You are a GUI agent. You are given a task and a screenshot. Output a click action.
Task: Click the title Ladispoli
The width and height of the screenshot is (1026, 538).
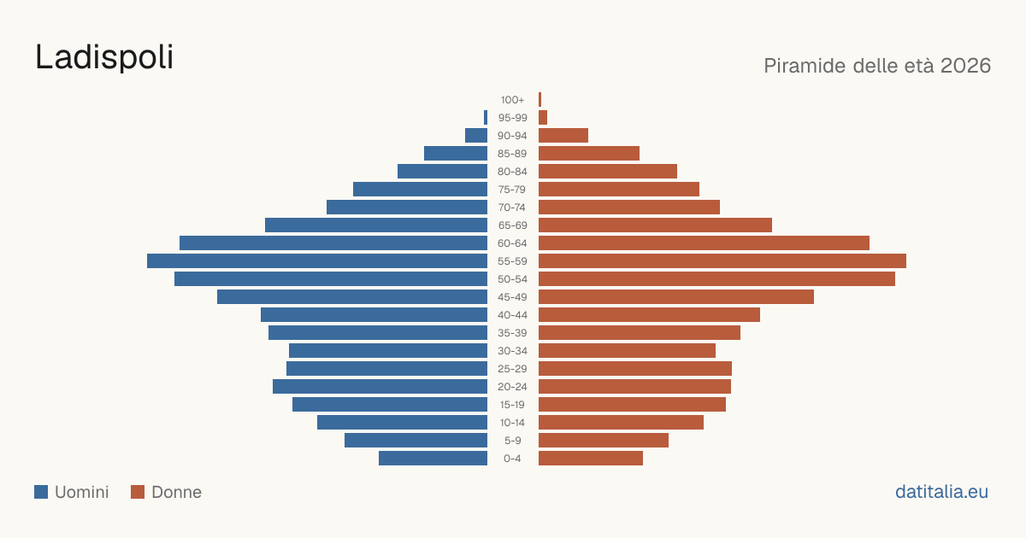(x=104, y=57)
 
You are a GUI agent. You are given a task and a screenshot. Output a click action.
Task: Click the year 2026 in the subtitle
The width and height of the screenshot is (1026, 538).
(x=965, y=66)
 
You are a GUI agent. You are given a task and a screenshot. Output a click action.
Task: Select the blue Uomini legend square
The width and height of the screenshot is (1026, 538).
(x=41, y=492)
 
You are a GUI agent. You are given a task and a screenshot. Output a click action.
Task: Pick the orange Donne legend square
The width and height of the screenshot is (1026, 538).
(x=138, y=492)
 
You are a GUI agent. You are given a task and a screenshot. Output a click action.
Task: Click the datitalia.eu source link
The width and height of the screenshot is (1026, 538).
(x=941, y=492)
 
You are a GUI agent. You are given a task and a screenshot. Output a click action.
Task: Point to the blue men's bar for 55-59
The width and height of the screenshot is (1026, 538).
(x=317, y=260)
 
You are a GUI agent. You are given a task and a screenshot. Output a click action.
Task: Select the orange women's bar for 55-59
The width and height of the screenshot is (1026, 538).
(x=722, y=260)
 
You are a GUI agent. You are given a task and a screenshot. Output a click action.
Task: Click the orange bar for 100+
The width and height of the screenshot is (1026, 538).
(x=540, y=99)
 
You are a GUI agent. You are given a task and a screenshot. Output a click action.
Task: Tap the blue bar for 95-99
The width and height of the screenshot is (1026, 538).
(x=486, y=117)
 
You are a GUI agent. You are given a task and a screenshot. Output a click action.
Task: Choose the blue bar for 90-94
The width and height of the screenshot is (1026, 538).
(x=476, y=136)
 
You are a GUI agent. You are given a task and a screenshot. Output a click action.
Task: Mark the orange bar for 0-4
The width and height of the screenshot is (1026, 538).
(x=591, y=458)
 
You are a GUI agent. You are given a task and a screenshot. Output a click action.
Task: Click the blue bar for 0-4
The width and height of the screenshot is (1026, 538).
(x=433, y=458)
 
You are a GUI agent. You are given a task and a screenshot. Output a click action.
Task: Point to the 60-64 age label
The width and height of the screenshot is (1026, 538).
(x=512, y=243)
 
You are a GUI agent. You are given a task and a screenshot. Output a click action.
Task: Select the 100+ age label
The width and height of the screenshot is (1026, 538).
(x=512, y=99)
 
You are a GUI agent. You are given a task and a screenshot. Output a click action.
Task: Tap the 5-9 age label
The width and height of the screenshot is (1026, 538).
(x=512, y=440)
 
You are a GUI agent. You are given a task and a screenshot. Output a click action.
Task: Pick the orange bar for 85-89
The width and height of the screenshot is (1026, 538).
(x=589, y=153)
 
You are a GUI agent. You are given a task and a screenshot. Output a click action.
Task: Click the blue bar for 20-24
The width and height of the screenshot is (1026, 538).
(x=380, y=386)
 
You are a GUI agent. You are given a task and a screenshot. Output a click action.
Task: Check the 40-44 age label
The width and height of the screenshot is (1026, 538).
(x=512, y=315)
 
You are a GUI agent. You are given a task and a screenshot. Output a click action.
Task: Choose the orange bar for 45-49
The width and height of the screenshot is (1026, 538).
(x=676, y=297)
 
